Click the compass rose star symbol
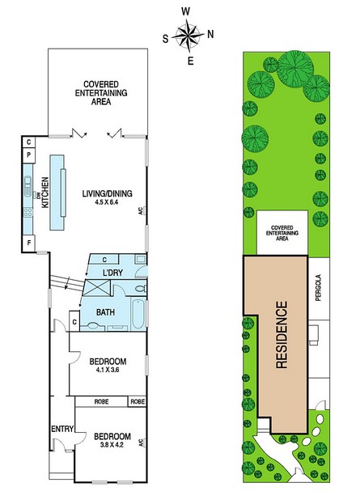[x=188, y=36]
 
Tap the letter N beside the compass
[x=210, y=34]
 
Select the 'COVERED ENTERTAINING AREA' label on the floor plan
[x=101, y=93]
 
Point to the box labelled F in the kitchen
[x=29, y=243]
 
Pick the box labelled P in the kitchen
[x=29, y=155]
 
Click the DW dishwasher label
[x=37, y=194]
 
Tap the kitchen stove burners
[x=28, y=212]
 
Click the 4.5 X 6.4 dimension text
[x=107, y=202]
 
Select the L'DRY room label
[x=112, y=273]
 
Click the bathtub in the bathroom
[x=138, y=314]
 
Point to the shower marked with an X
[x=96, y=288]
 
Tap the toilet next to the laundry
[x=141, y=289]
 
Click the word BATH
[x=105, y=311]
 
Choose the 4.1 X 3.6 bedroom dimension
[x=108, y=370]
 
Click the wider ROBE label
[x=101, y=401]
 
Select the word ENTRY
[x=62, y=429]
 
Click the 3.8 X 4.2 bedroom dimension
[x=112, y=445]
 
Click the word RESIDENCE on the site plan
[x=282, y=335]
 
